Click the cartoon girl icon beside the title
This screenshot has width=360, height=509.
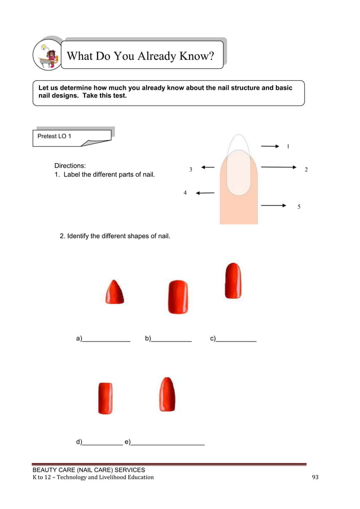48,55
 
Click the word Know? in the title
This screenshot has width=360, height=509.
197,56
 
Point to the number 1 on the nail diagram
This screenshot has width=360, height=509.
288,147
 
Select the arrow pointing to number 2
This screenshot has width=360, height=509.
279,167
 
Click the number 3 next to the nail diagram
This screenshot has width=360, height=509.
191,169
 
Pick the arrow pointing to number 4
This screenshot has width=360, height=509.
205,193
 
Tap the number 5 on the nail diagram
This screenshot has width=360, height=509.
299,207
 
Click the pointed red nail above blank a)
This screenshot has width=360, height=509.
114,292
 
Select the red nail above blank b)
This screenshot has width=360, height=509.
178,297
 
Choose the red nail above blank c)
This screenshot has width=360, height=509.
233,280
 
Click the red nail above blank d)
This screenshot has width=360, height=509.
105,398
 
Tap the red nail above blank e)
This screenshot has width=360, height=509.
167,394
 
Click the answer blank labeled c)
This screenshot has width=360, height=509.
236,339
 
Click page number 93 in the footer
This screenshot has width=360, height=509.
315,477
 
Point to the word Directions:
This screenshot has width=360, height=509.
70,166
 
